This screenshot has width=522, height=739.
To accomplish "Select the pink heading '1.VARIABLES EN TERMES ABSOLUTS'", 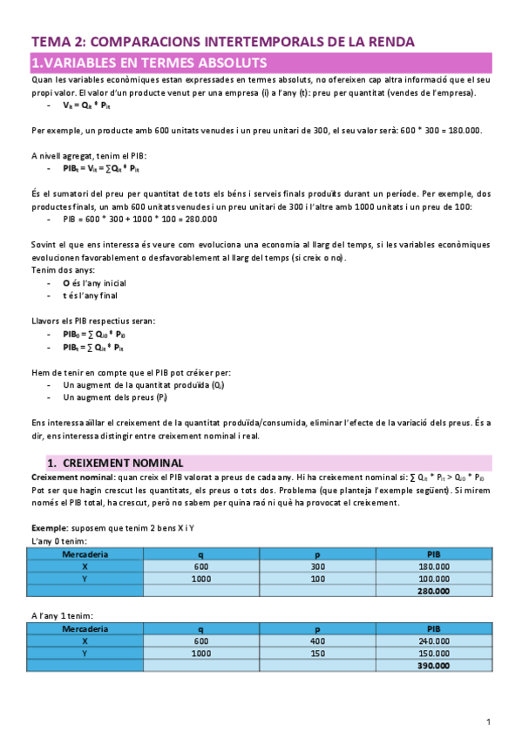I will click(x=148, y=63).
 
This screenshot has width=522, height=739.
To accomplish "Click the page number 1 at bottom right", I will click(x=489, y=722).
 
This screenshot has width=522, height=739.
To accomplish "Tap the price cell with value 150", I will click(x=317, y=653).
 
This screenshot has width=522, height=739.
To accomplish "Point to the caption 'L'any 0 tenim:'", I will click(x=58, y=540).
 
